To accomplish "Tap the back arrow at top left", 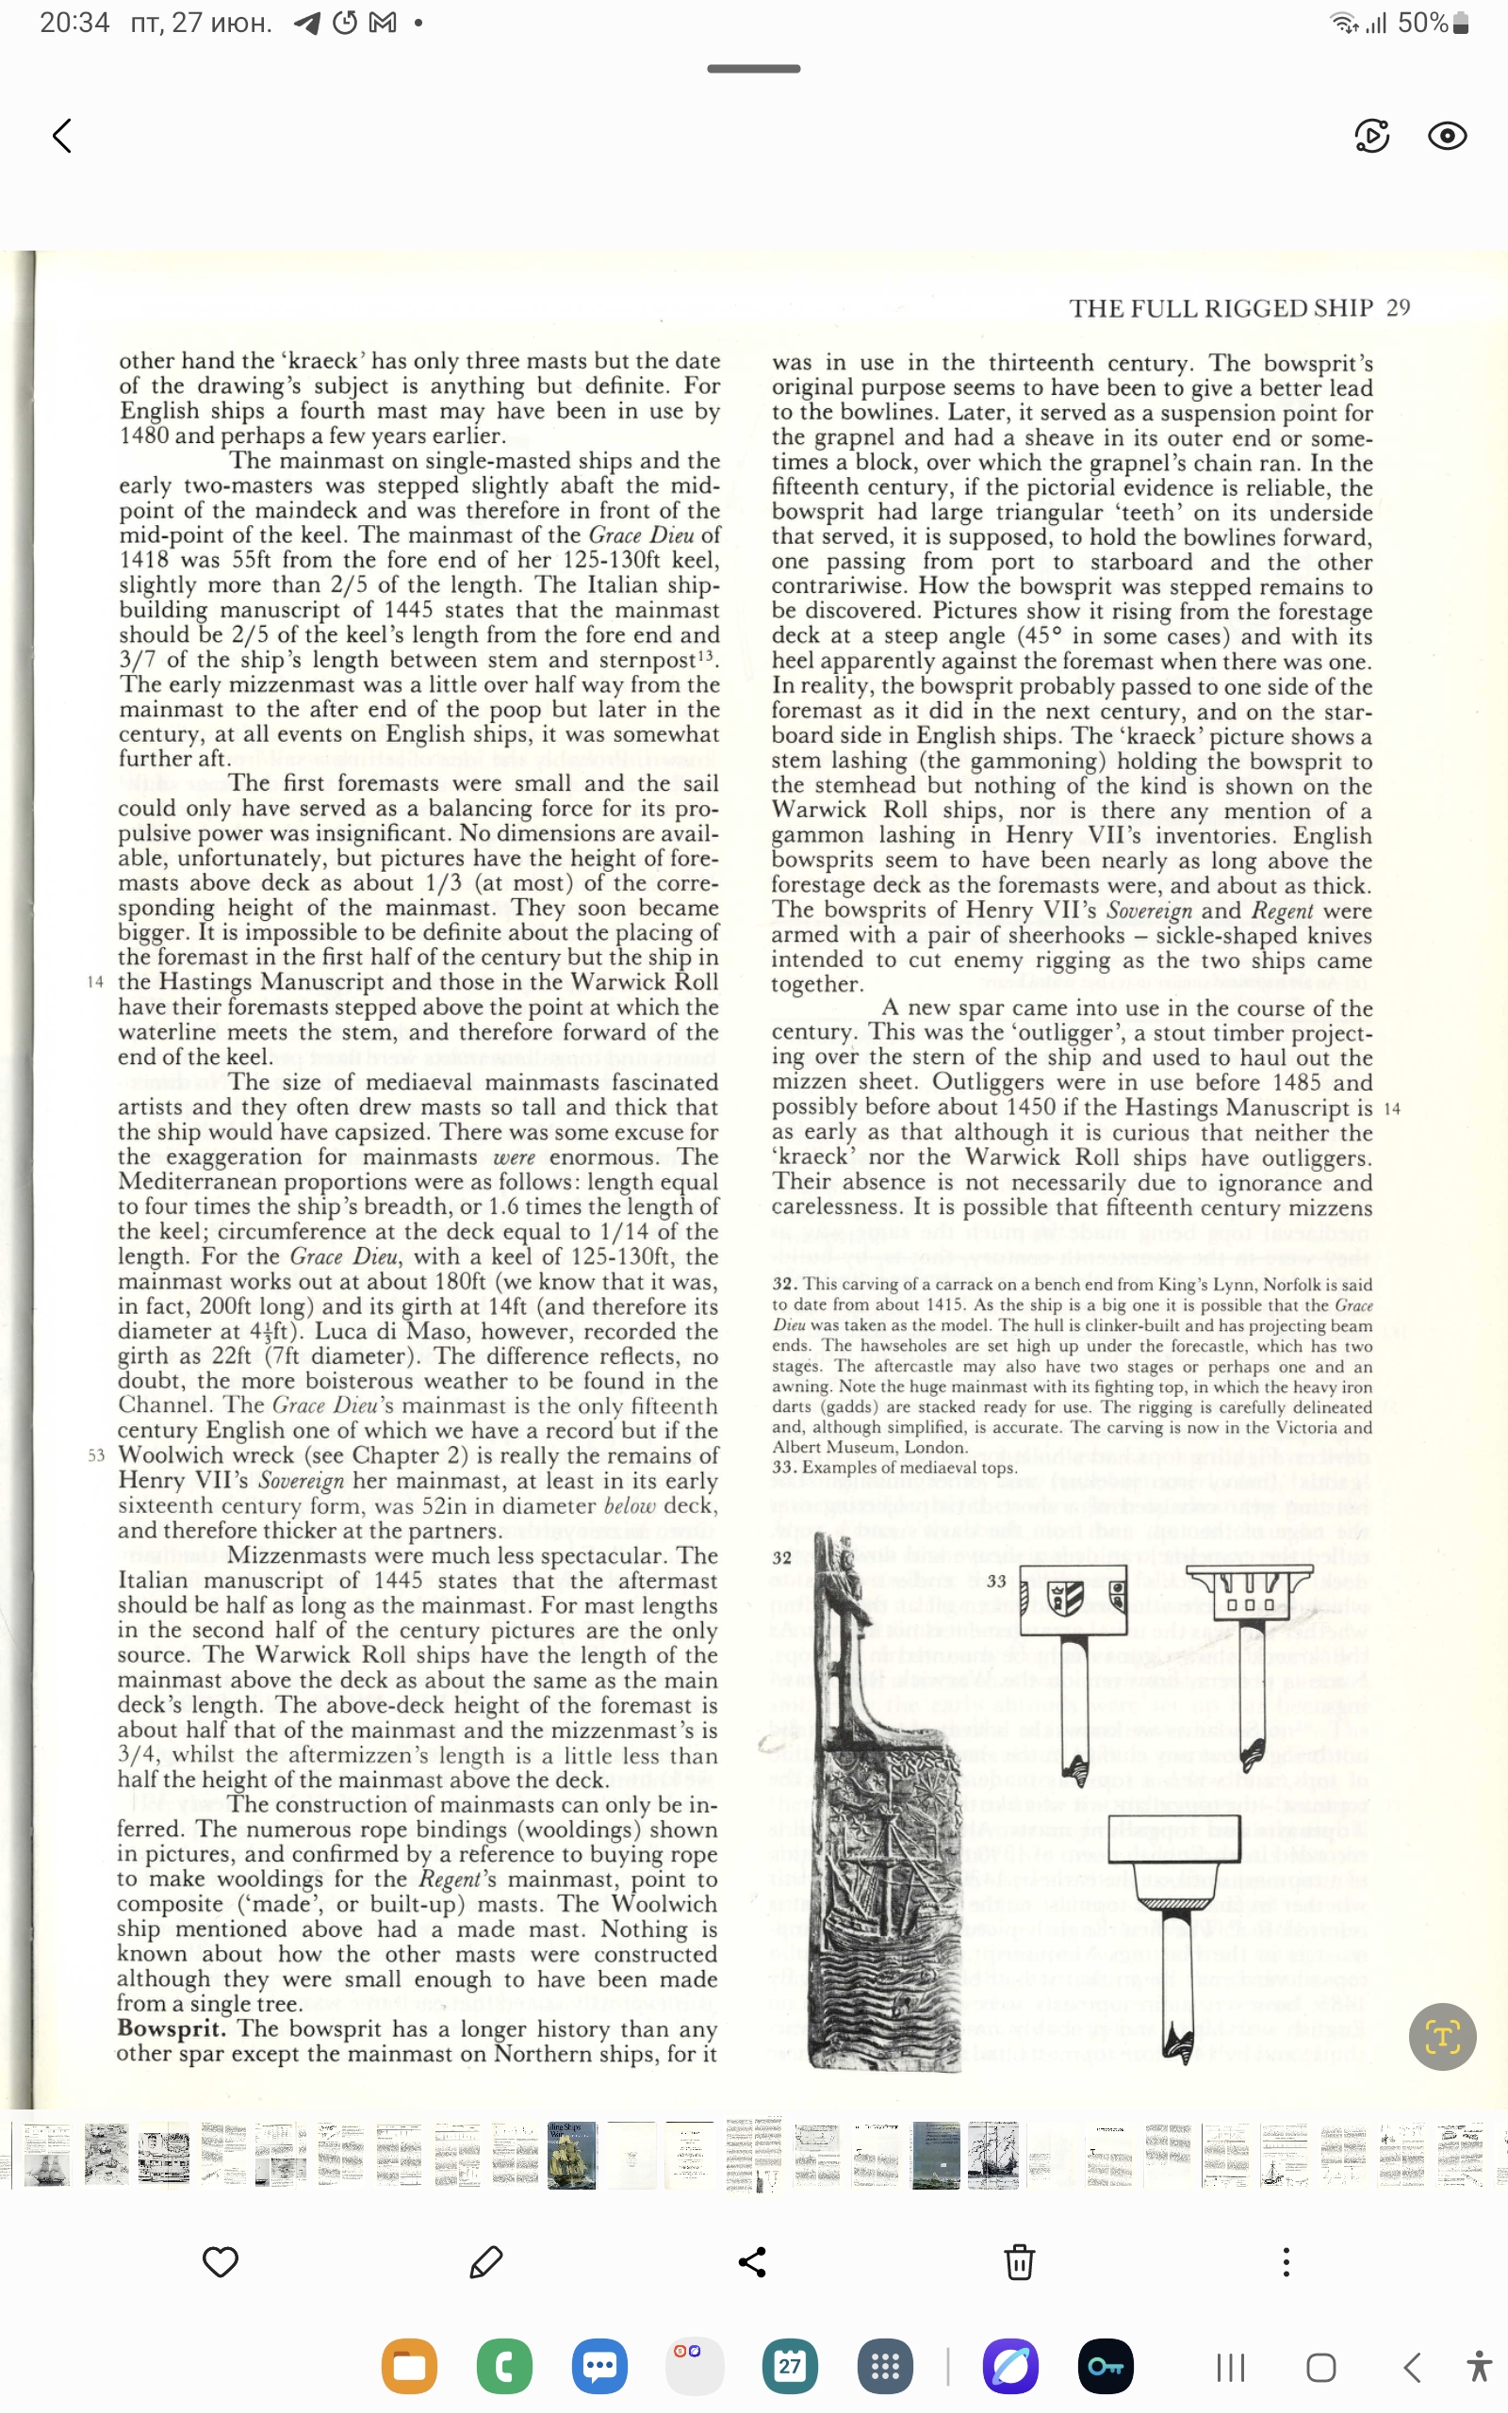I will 63,136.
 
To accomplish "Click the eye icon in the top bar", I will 1446,136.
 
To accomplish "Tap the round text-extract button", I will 1442,2036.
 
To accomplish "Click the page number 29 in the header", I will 1399,308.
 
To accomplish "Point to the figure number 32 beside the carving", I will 782,1557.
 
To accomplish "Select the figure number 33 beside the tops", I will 996,1581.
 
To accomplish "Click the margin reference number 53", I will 96,1455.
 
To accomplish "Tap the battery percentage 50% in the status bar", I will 1422,23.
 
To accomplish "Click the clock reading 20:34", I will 74,23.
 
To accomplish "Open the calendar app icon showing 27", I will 790,2366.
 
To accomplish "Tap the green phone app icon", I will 504,2366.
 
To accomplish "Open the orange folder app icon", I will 409,2366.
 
